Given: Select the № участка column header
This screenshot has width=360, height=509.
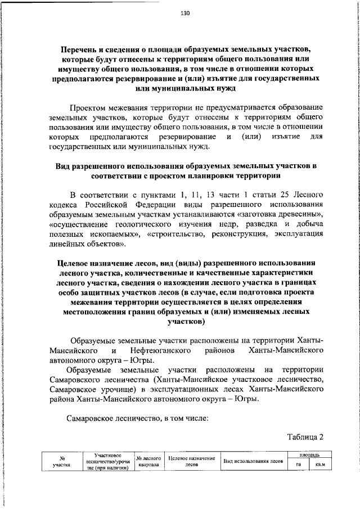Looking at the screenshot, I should [x=61, y=462].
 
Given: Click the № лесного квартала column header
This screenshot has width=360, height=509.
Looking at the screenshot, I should [x=149, y=462].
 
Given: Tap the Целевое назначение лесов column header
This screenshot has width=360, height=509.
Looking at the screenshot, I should [x=192, y=462].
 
